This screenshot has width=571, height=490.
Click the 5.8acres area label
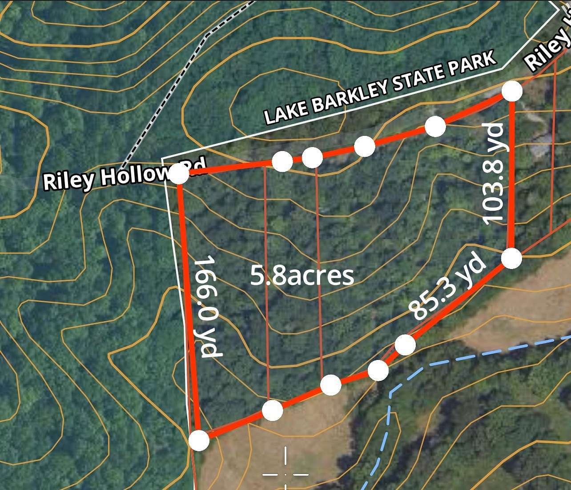pos(302,276)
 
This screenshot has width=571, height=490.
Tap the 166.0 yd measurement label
pos(208,306)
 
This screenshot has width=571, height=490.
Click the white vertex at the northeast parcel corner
pos(512,91)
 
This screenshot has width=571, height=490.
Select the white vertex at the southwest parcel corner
pos(199,441)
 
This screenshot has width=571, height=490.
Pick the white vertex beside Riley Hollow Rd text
pos(179,174)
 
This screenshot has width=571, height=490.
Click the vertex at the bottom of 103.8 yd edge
pos(512,259)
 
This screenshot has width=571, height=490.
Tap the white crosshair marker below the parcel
pos(285,474)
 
